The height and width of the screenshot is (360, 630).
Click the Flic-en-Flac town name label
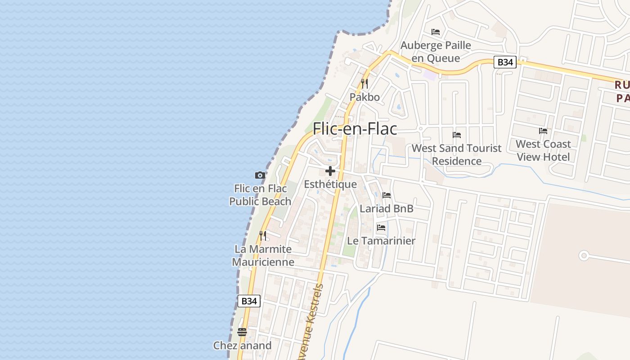(x=355, y=129)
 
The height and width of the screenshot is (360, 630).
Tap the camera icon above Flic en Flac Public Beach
(x=260, y=175)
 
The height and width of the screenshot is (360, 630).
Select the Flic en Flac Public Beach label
(x=260, y=195)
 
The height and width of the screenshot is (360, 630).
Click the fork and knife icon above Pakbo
(x=364, y=84)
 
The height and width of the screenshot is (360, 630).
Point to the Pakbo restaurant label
(x=364, y=97)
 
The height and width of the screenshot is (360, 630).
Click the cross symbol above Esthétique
(x=330, y=171)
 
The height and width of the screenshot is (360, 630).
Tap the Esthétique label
(x=330, y=184)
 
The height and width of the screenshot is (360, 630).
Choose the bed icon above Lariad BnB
(x=387, y=195)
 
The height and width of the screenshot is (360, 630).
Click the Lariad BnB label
(x=387, y=209)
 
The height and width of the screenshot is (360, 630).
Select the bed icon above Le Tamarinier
(x=381, y=228)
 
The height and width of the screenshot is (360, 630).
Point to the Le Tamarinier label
(x=381, y=241)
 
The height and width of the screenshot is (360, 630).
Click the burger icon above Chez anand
(x=242, y=332)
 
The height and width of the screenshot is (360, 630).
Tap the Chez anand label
(x=242, y=346)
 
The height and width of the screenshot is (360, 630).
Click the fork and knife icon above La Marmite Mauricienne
(x=263, y=235)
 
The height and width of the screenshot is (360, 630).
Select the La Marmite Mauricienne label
(x=263, y=255)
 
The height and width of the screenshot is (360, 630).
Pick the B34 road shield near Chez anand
(x=249, y=301)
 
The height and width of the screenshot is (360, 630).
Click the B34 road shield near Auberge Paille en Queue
(x=504, y=62)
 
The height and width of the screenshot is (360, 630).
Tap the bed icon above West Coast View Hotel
(x=543, y=131)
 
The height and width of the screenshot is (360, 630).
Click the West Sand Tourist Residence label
(x=456, y=154)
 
